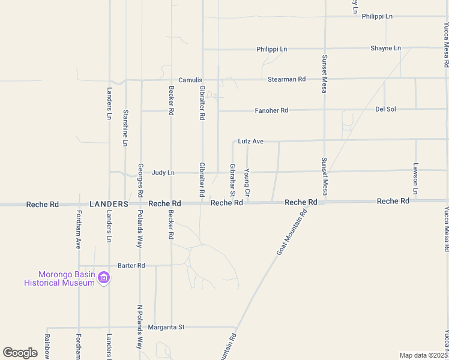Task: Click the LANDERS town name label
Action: (x=109, y=204)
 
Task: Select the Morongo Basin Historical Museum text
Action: (x=59, y=278)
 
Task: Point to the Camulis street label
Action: (x=190, y=80)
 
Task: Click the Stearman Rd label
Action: (x=286, y=79)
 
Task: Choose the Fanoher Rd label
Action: (x=271, y=110)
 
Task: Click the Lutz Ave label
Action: (x=250, y=142)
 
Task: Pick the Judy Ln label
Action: (x=163, y=173)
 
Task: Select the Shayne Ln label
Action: (x=385, y=48)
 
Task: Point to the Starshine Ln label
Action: (x=125, y=128)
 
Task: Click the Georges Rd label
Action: (x=140, y=181)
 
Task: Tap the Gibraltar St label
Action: (x=232, y=180)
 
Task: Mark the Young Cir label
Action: (x=247, y=183)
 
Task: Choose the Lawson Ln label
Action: (x=415, y=178)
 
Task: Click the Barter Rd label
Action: (x=131, y=265)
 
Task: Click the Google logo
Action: (x=20, y=353)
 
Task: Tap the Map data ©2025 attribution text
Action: (x=423, y=355)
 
